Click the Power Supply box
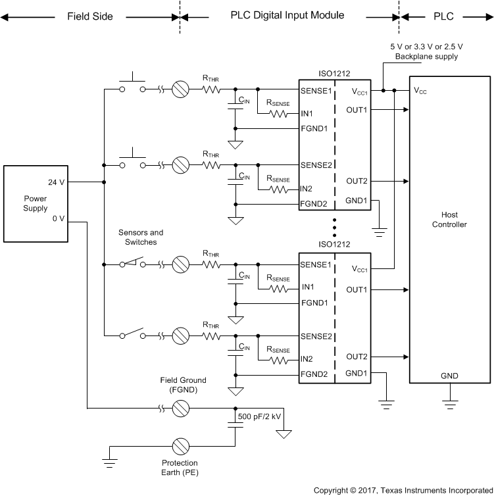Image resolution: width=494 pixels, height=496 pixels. click(x=36, y=204)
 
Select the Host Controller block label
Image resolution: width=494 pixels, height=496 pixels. click(x=449, y=220)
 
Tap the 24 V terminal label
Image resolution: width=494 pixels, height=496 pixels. click(x=56, y=182)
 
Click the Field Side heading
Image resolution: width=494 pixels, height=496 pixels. click(x=90, y=15)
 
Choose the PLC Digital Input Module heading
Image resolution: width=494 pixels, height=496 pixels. click(x=287, y=14)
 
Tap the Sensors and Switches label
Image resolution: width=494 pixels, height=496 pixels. click(x=141, y=237)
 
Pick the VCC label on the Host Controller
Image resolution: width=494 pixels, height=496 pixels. click(x=420, y=91)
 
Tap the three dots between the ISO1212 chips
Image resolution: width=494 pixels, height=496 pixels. click(x=335, y=226)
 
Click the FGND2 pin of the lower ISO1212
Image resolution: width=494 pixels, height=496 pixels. click(x=314, y=374)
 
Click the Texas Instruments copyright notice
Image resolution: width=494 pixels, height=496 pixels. click(x=401, y=490)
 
